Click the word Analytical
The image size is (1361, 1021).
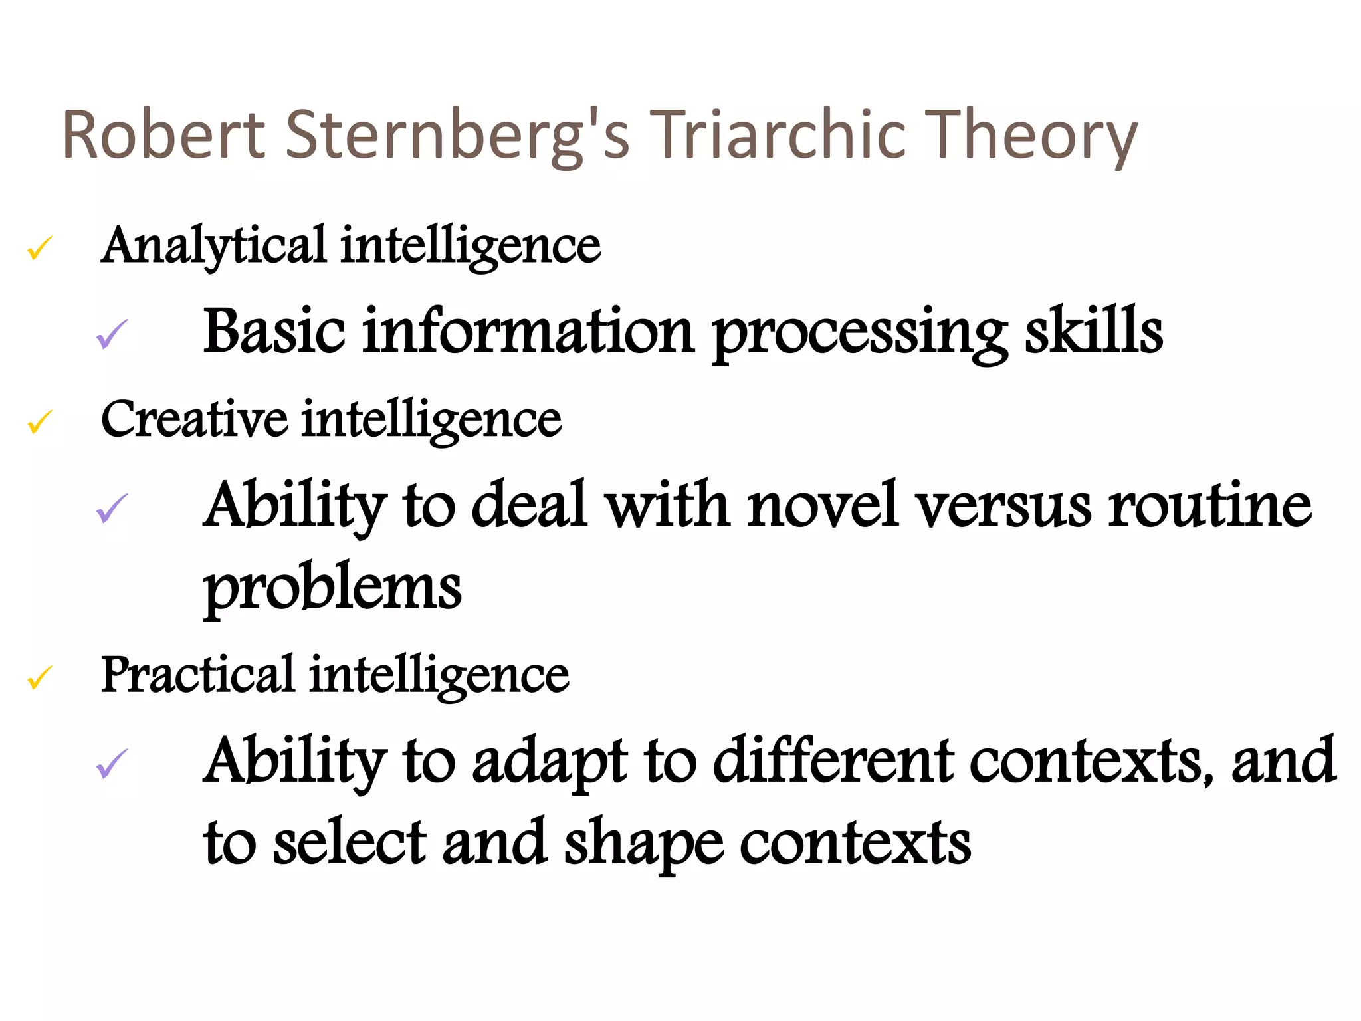[x=213, y=246]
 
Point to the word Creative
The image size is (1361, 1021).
[x=193, y=420]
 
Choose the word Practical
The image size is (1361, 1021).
[x=197, y=675]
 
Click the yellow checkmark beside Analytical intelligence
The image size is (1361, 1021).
[x=40, y=249]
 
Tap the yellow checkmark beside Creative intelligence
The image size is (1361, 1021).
[x=40, y=422]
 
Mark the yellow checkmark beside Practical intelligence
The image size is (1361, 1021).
[x=40, y=677]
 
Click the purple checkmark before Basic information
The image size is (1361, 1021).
[x=112, y=334]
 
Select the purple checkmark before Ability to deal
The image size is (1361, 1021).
[x=112, y=509]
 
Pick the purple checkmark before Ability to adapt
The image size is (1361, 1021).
[x=112, y=764]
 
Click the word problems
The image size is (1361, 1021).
[x=332, y=590]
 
